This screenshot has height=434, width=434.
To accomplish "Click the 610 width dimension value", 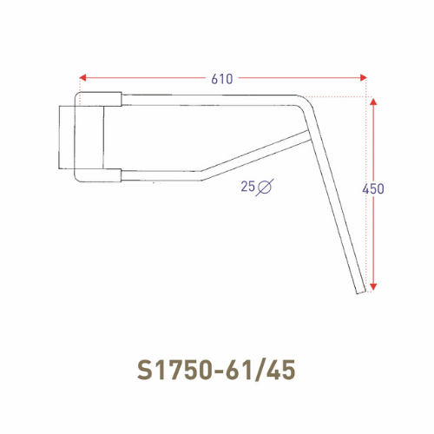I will click(x=221, y=79).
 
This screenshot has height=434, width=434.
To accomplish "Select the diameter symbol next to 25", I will click(x=266, y=186).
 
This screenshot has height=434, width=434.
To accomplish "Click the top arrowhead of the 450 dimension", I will click(x=372, y=102).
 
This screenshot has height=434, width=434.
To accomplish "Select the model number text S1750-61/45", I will click(x=216, y=369).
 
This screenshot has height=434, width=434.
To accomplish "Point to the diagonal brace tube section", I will click(x=256, y=155).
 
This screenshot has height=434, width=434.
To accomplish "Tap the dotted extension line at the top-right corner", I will click(x=347, y=95).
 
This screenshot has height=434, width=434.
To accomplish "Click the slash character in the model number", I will click(x=260, y=369).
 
